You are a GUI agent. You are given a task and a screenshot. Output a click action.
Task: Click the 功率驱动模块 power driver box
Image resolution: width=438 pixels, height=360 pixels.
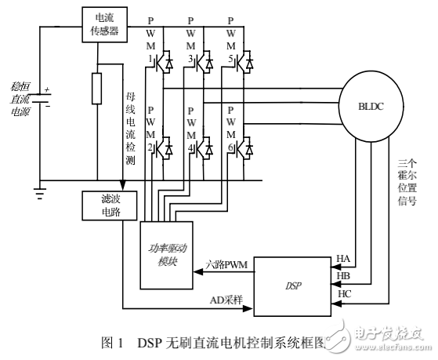pyautogui.click(x=167, y=253)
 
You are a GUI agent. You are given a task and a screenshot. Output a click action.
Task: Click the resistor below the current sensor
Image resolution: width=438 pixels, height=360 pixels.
pyautogui.click(x=96, y=89)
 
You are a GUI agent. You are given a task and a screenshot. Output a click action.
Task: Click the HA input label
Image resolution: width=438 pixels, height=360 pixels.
pyautogui.click(x=343, y=259)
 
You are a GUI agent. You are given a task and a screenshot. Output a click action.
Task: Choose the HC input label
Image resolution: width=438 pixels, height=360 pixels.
pyautogui.click(x=343, y=294)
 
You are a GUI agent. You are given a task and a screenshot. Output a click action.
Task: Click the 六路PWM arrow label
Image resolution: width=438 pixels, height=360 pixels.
pyautogui.click(x=226, y=266)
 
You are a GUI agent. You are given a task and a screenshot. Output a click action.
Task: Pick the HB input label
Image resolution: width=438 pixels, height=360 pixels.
pyautogui.click(x=343, y=277)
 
